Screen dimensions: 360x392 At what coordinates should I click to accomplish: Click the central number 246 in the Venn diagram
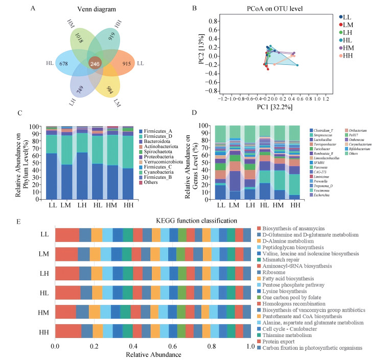pyautogui.click(x=95, y=64)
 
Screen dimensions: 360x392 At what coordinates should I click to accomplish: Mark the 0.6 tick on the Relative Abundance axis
pyautogui.click(x=172, y=346)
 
